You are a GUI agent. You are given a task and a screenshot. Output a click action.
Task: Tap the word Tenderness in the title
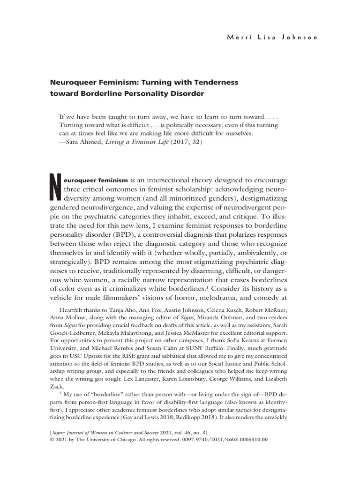(x=215, y=82)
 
